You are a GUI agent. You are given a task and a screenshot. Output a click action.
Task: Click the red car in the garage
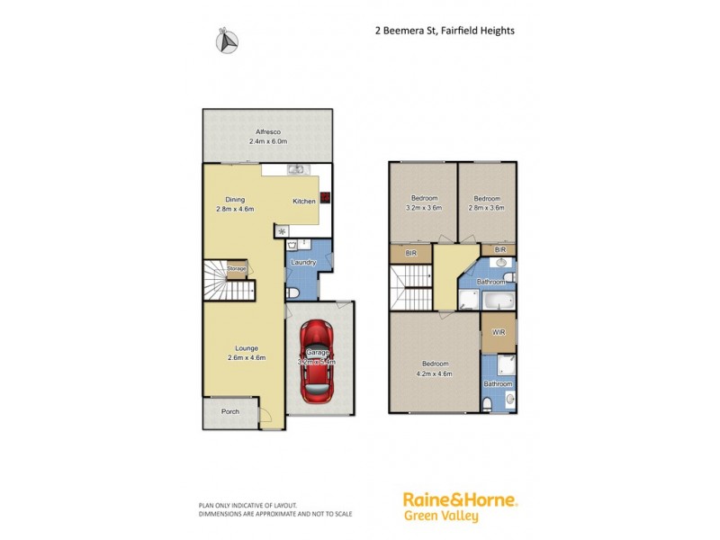click(x=319, y=363)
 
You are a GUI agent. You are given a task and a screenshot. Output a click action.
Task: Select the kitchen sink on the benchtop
click(x=294, y=169)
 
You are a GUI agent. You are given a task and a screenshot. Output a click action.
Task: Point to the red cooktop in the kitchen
click(x=324, y=197)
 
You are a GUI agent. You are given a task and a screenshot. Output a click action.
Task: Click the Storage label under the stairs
click(x=236, y=268)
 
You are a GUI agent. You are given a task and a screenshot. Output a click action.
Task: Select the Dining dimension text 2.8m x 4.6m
click(x=235, y=209)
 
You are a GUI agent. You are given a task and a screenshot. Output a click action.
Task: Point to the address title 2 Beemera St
click(x=445, y=29)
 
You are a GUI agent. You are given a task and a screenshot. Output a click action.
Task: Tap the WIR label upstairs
click(x=498, y=333)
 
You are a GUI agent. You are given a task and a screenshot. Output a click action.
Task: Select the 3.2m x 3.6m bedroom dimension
click(x=424, y=206)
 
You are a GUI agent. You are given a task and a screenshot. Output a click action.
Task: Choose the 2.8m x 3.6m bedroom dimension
click(x=487, y=206)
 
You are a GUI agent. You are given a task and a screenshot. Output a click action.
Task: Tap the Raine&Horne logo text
click(x=460, y=501)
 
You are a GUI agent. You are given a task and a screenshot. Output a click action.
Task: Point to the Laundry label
click(x=303, y=263)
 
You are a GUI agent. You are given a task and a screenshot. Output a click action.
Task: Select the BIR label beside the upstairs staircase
click(x=410, y=254)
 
